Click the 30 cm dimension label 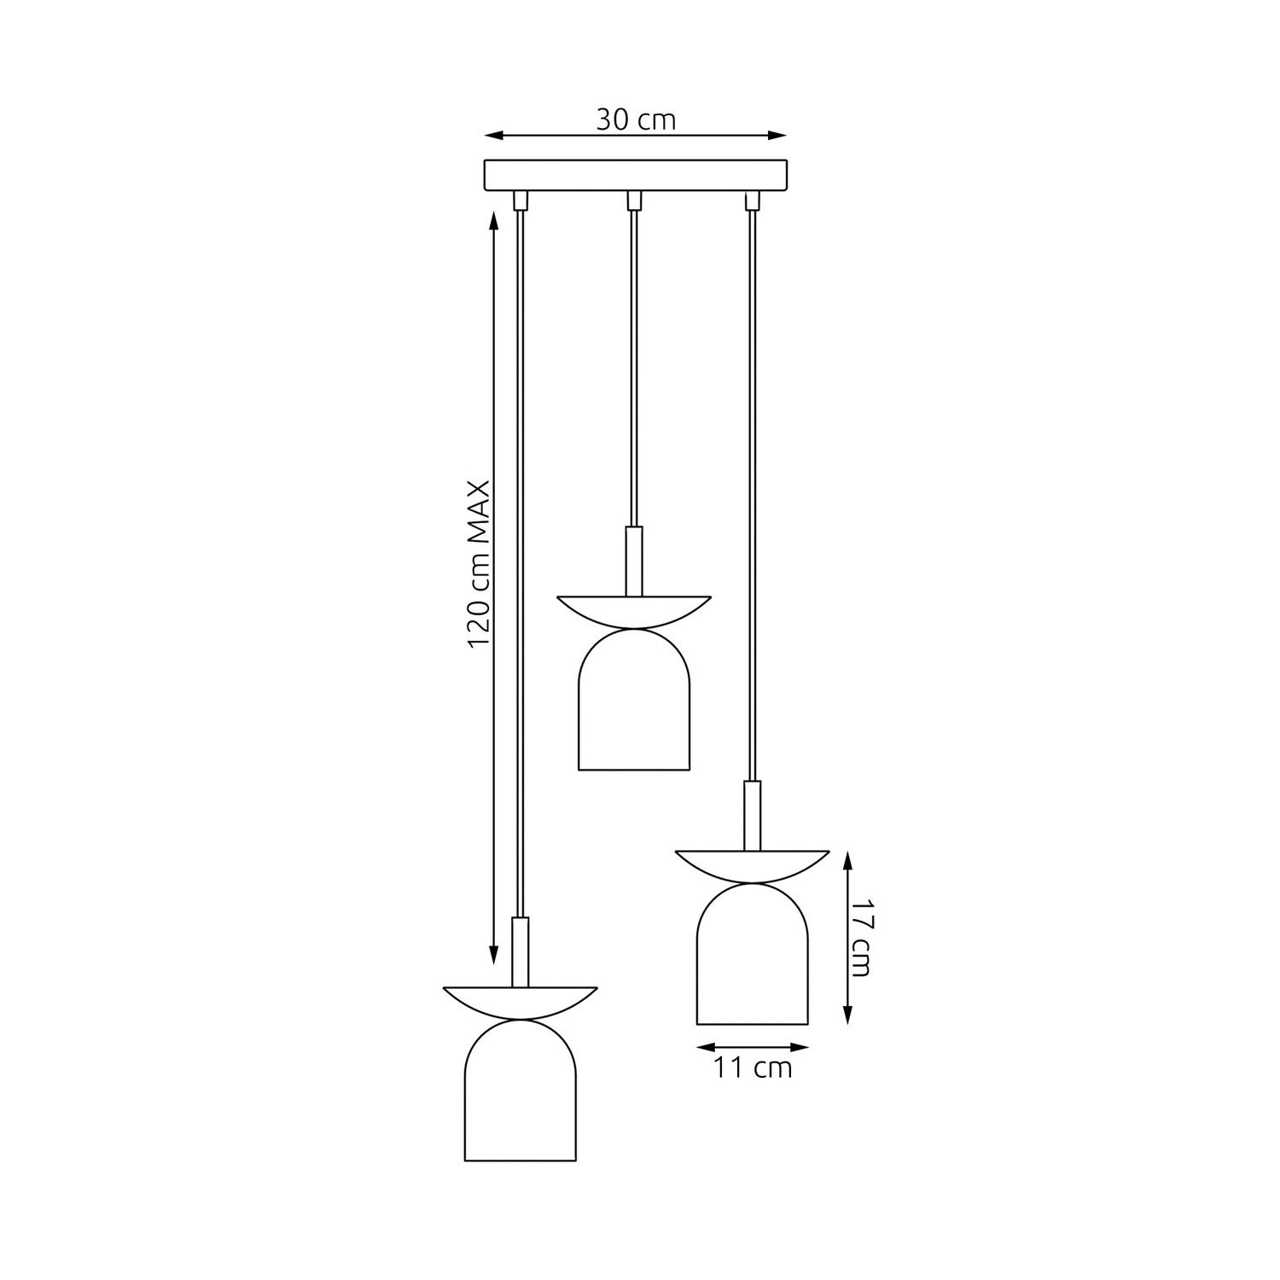636,119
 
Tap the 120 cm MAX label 479,564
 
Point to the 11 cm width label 753,1067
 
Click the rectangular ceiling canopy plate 635,175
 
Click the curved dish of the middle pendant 634,613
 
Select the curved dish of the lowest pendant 520,1004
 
